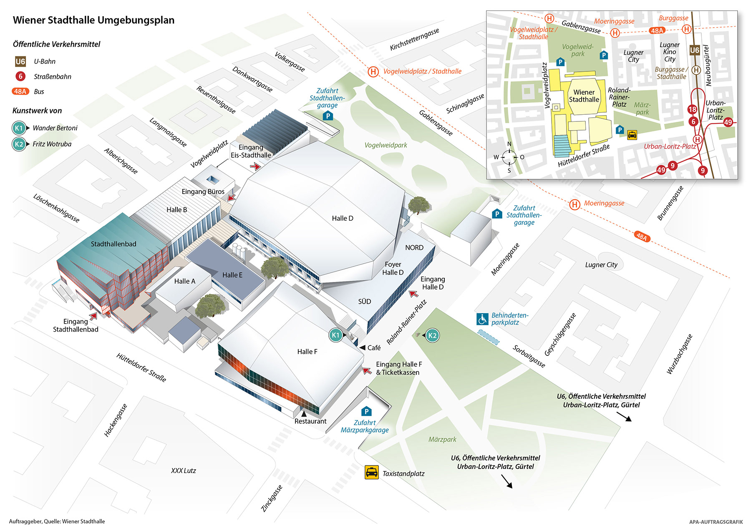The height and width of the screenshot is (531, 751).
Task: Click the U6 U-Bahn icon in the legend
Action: click(x=20, y=62)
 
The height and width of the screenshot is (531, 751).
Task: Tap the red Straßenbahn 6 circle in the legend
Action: click(x=20, y=76)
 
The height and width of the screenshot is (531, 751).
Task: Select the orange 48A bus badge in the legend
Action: click(x=20, y=91)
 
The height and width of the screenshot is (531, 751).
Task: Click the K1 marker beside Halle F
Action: click(x=336, y=335)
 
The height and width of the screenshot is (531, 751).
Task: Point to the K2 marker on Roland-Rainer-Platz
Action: click(x=432, y=335)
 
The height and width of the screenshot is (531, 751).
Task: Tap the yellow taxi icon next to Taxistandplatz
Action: click(x=371, y=472)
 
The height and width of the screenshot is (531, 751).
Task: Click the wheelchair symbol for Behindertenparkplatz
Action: click(x=482, y=319)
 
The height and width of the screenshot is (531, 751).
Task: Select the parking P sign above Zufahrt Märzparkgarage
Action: click(x=366, y=412)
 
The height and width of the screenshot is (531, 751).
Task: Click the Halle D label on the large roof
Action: click(x=343, y=218)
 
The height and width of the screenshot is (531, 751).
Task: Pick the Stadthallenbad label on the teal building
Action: click(x=113, y=244)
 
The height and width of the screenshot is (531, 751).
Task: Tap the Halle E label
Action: click(x=232, y=275)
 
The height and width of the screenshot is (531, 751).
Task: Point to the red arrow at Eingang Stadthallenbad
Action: click(x=93, y=316)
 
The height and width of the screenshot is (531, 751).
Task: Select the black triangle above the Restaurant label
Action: click(x=304, y=414)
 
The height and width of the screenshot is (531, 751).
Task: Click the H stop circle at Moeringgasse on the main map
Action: click(x=575, y=204)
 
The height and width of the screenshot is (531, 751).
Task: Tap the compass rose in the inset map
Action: click(x=509, y=157)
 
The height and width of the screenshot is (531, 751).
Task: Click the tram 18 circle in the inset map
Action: click(x=692, y=109)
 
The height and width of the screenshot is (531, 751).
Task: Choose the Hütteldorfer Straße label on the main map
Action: click(x=141, y=367)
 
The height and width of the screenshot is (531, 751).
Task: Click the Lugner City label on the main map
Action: click(x=601, y=265)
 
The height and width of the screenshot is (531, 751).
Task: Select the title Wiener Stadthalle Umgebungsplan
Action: click(x=93, y=20)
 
